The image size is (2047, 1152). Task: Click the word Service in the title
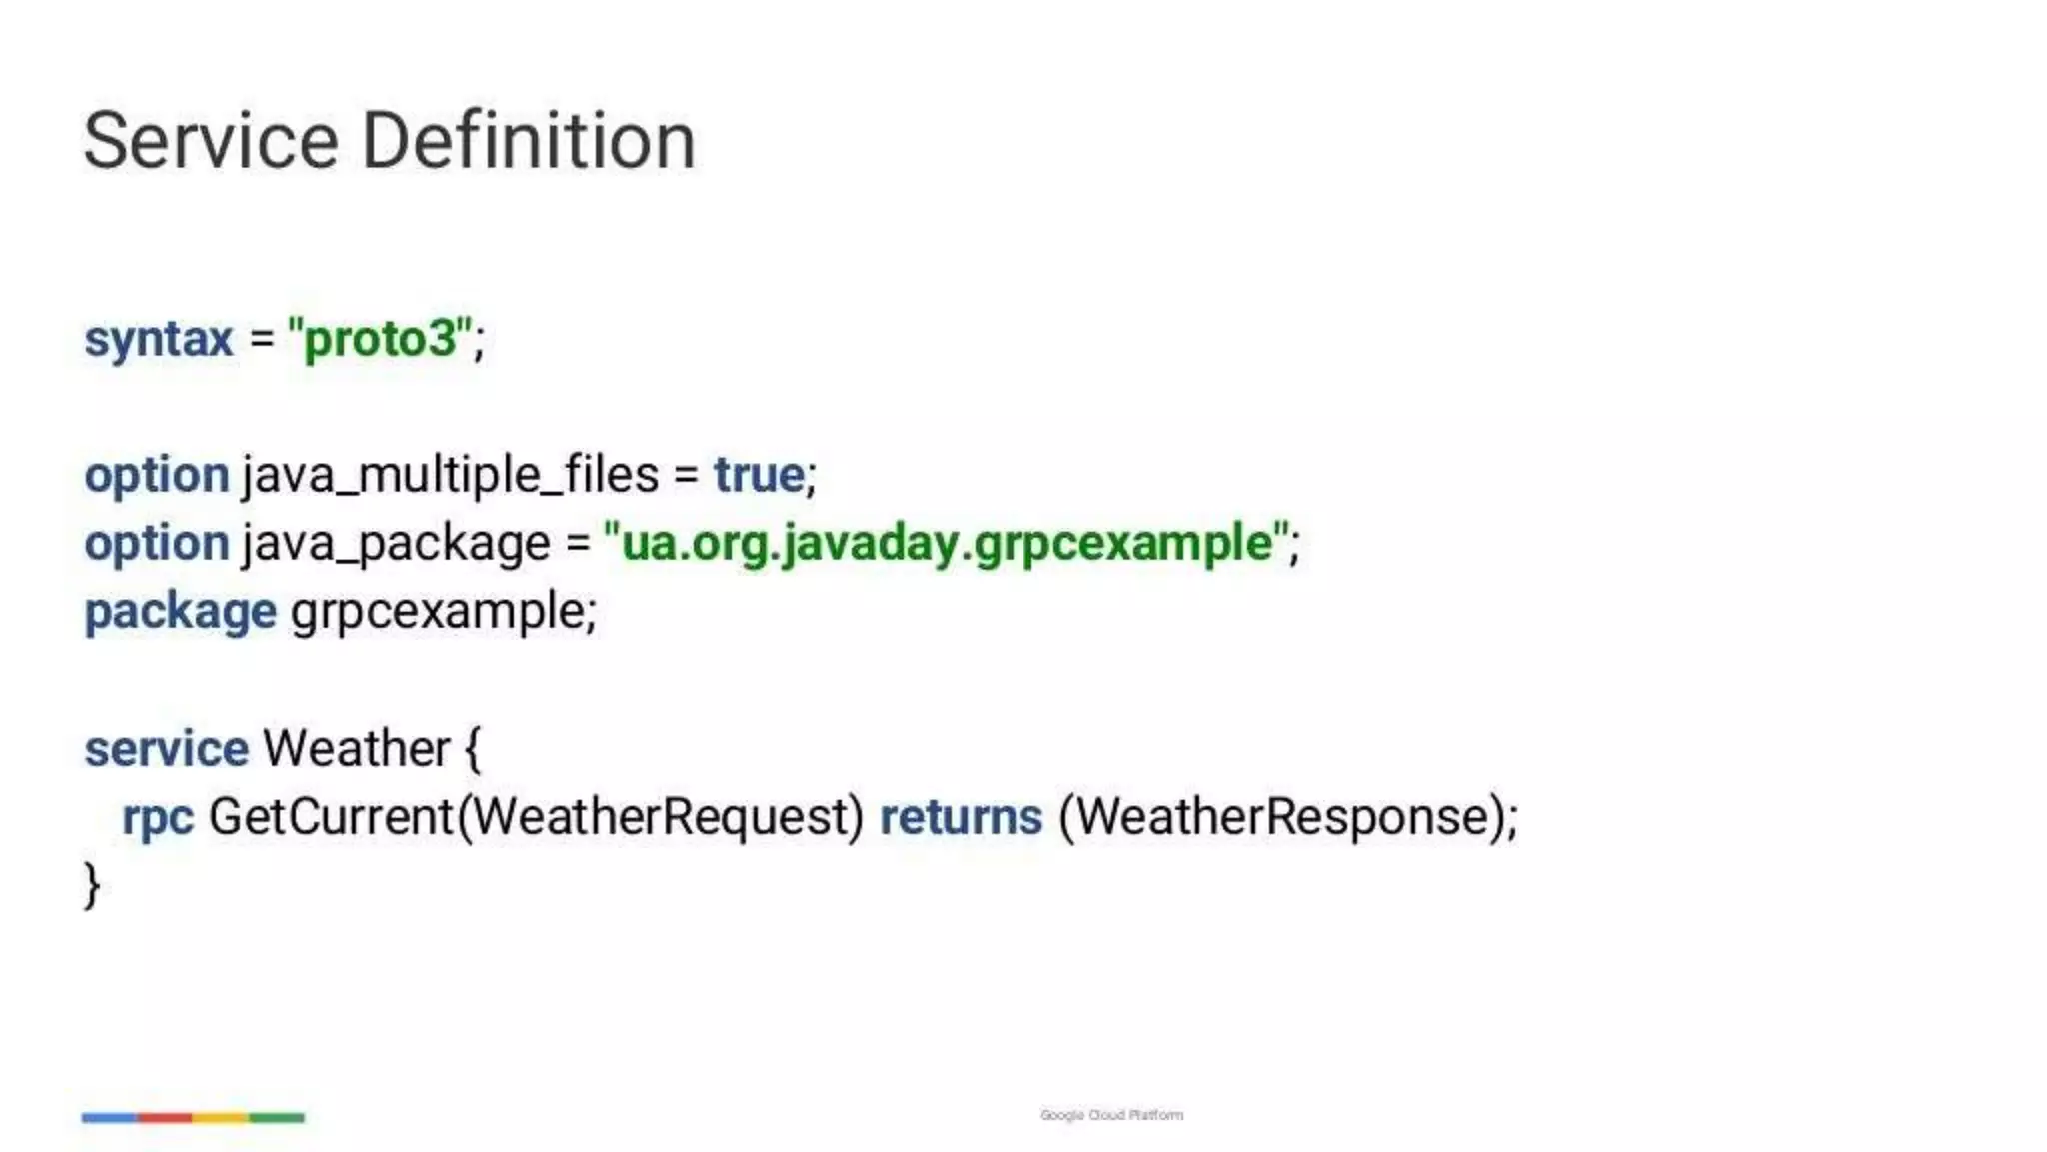point(211,141)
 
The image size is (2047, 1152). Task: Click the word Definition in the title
point(528,141)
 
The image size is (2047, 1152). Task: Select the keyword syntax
point(158,339)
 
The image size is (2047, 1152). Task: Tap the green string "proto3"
point(379,339)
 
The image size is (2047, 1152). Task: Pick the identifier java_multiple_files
point(450,475)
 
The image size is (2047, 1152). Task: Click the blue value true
point(759,475)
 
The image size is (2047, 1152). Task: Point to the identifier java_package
point(395,544)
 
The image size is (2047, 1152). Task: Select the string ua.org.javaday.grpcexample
point(948,544)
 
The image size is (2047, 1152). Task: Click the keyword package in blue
point(180,612)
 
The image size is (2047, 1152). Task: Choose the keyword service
point(166,749)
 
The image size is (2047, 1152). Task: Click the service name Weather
point(356,749)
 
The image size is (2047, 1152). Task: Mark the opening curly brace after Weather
point(473,749)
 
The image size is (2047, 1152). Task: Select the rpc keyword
point(157,818)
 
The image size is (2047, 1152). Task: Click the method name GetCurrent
point(331,817)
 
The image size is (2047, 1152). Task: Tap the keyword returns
point(961,817)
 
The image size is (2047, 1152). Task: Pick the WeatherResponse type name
point(1282,817)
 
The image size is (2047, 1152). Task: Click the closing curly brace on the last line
point(92,885)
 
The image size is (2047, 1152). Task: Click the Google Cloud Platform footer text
point(1111,1115)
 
